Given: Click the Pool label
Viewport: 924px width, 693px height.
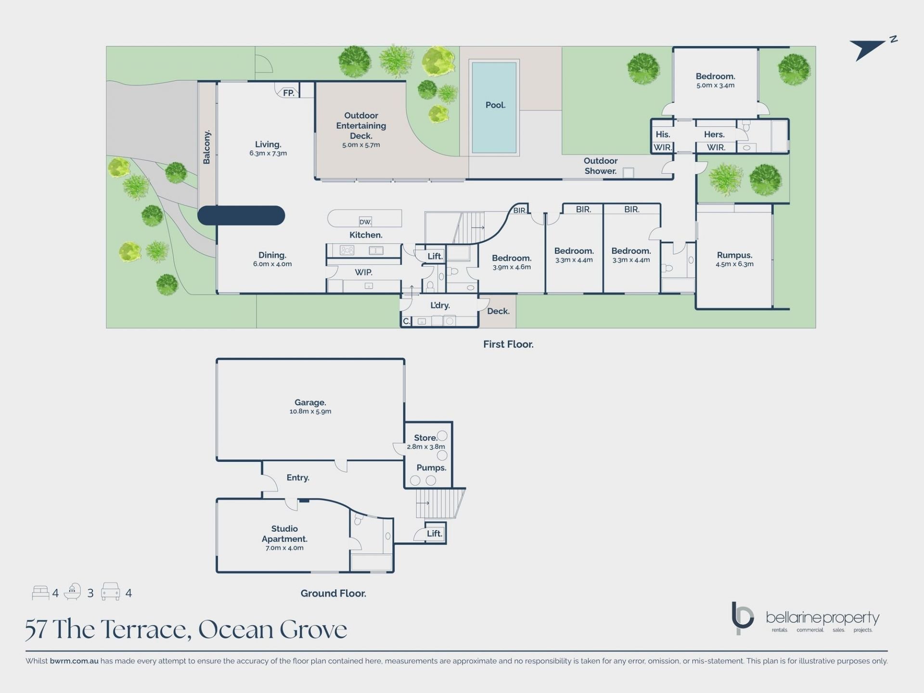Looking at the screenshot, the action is (495, 105).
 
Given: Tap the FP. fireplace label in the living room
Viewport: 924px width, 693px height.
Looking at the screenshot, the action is (289, 93).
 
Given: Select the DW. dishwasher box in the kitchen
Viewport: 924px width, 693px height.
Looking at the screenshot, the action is (365, 222).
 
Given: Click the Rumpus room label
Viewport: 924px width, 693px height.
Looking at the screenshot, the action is (734, 255).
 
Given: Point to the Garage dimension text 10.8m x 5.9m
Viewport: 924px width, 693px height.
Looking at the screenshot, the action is (310, 411).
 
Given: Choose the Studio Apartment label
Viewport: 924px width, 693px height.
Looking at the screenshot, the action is (284, 534).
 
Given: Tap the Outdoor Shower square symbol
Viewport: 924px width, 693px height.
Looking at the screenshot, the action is (629, 173).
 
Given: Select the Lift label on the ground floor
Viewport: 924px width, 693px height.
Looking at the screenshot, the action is (434, 533).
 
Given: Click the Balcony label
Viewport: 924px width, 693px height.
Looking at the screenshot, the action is (206, 147).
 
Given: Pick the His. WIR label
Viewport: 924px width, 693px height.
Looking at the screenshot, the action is (663, 141).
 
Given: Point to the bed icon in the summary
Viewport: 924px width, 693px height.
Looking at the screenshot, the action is (40, 593).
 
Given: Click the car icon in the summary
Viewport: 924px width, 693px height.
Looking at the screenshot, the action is (110, 592).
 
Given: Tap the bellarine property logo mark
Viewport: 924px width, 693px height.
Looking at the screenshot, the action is (742, 618).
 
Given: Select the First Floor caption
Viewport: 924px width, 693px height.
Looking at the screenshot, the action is (508, 344).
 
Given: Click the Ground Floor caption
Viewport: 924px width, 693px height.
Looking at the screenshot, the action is (334, 593).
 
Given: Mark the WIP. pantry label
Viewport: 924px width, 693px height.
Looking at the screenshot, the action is (363, 272).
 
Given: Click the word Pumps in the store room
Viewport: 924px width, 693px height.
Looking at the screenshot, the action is (431, 468).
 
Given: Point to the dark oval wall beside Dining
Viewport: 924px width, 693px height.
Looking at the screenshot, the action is (241, 216).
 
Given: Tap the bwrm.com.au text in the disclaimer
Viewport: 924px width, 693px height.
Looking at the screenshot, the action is (74, 661).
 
